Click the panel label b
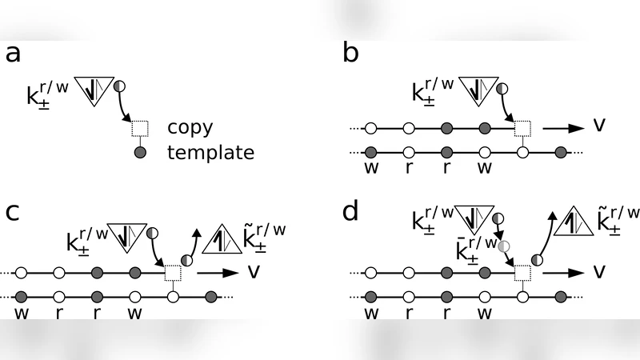click(350, 55)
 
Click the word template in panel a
click(210, 151)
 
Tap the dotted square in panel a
click(140, 127)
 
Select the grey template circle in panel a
click(140, 152)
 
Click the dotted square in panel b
click(522, 127)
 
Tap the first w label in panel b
click(370, 170)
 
